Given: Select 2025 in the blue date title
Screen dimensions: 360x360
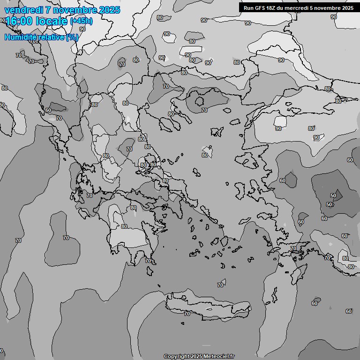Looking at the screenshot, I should pos(109,10).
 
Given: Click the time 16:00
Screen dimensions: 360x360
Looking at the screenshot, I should pos(19,21).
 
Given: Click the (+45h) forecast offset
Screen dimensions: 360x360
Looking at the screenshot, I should pos(81,21).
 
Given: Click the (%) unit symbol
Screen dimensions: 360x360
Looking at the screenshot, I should pos(72,37).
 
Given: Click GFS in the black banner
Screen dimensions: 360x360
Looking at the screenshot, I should pos(261,7).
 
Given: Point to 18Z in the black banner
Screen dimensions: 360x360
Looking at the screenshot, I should pos(273,7).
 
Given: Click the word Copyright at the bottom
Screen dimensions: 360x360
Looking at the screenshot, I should pos(176,357).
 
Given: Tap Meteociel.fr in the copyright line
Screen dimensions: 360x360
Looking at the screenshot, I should pos(219,357).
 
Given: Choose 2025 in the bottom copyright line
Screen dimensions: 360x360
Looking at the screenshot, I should pos(197,357).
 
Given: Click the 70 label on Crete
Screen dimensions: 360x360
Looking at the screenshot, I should pos(187,314).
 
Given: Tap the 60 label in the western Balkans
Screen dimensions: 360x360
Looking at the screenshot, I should pos(48,110).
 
